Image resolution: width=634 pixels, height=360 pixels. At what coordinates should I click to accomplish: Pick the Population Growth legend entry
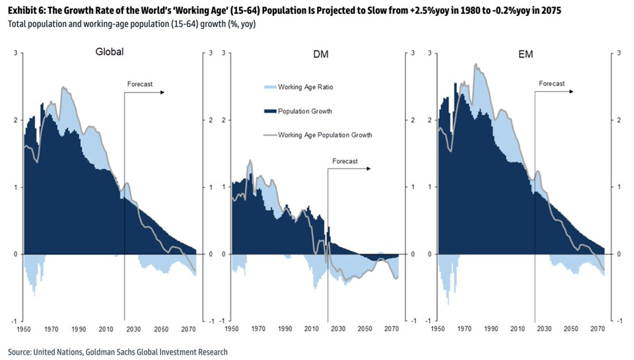[x=304, y=111]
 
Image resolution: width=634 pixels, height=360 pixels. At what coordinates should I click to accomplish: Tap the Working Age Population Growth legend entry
[x=325, y=135]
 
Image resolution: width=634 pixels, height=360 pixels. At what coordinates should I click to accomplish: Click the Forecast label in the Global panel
[x=139, y=84]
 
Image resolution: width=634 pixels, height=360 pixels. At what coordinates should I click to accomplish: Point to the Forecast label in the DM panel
[x=345, y=161]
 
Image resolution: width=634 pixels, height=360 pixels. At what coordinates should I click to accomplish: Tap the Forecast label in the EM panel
[x=551, y=84]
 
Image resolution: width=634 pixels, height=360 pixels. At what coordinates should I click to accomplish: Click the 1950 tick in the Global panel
[x=24, y=328]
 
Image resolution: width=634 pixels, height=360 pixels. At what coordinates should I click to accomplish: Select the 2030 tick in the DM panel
[x=339, y=328]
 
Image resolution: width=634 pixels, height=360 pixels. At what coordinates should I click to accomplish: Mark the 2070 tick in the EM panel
[x=598, y=328]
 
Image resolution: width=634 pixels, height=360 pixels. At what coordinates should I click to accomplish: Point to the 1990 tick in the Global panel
[x=79, y=328]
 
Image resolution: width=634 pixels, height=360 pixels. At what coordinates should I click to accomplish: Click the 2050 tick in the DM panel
[x=365, y=328]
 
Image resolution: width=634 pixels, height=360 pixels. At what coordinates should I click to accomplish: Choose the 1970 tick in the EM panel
[x=464, y=328]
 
